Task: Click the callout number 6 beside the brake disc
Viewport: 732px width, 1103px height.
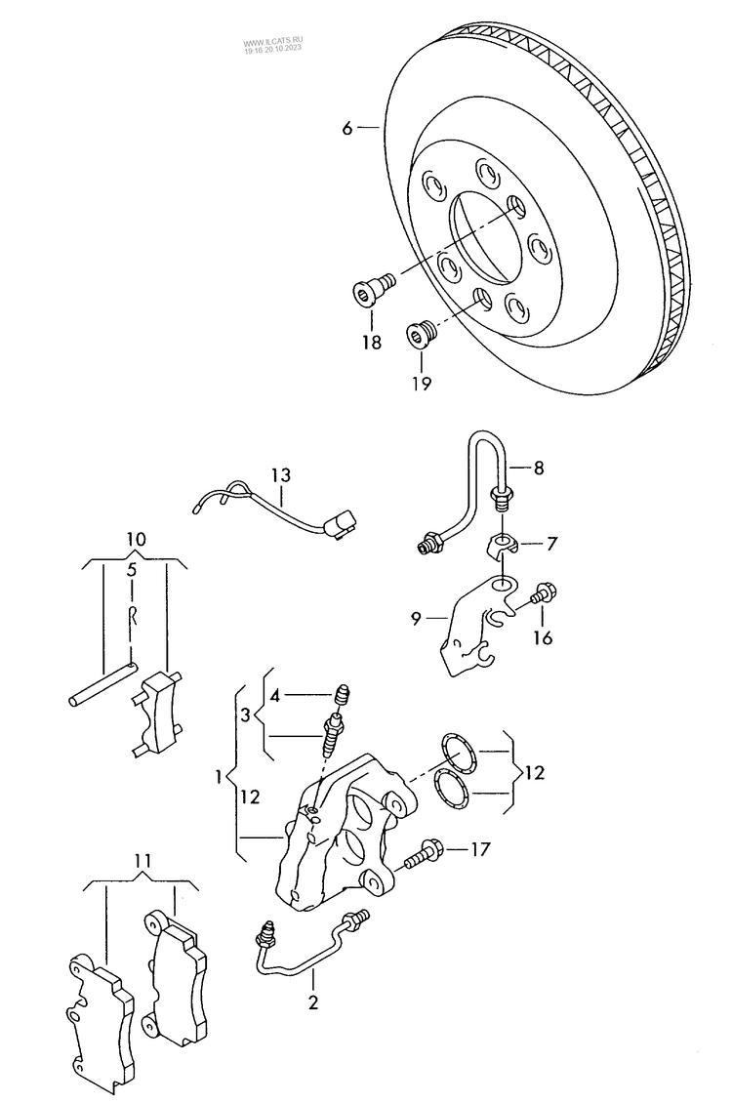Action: (x=346, y=127)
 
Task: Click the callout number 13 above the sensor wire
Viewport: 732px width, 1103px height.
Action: (x=281, y=475)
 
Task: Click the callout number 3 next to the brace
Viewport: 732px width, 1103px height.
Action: (x=246, y=715)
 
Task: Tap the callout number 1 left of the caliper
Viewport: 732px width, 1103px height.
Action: (x=221, y=778)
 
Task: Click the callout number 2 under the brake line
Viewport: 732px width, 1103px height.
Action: (x=313, y=1001)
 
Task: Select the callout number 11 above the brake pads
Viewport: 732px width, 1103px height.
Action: (x=143, y=861)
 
